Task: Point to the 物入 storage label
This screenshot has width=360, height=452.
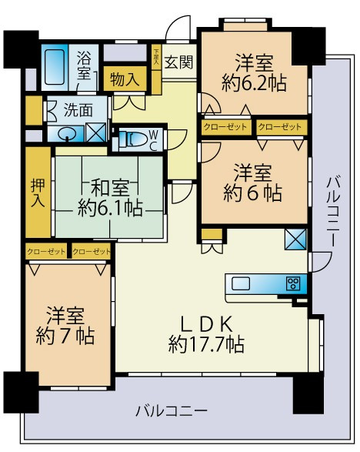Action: (x=124, y=79)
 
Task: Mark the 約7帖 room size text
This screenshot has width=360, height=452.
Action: (x=65, y=335)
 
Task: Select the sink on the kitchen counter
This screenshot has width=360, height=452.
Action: (x=240, y=283)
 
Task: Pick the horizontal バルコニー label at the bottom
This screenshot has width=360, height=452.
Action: (x=171, y=411)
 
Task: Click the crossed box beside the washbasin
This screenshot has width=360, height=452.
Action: (x=97, y=132)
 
